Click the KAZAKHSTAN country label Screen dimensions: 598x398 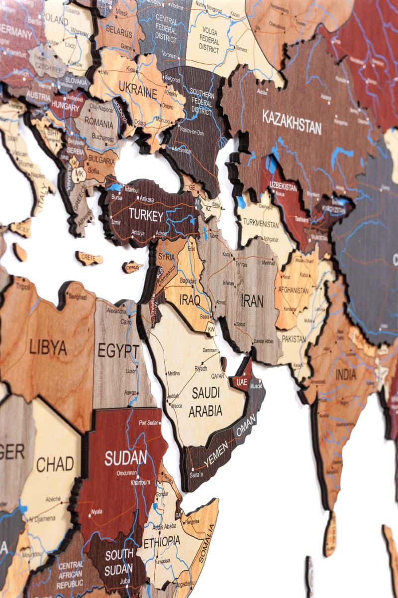292,122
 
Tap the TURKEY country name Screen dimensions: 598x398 146,216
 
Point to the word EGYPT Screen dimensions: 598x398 118,351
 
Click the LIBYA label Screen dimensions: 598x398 48,347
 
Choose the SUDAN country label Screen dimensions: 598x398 125,457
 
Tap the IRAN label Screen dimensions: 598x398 252,300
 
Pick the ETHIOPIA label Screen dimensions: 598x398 162,541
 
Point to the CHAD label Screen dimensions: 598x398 55,464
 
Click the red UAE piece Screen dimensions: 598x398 242,382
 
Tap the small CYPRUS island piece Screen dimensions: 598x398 132,267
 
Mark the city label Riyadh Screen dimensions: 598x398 200,369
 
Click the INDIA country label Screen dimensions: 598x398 346,374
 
